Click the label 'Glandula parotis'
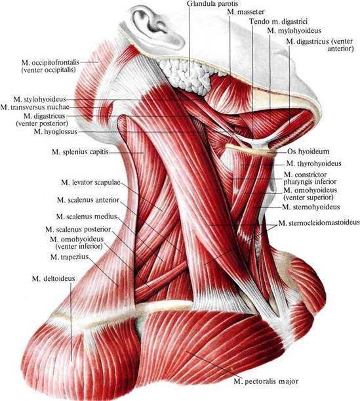pos(212,4)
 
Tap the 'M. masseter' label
pos(245,12)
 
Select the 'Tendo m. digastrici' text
pos(278,22)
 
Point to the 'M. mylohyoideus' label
pos(294,31)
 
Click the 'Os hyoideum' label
pos(308,152)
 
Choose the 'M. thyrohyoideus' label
pos(313,163)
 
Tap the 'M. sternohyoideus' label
pos(311,207)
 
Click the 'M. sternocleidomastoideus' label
pos(319,223)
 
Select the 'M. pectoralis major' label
pos(266,381)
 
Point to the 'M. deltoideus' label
pos(54,278)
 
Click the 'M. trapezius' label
pos(70,257)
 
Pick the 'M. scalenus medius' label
pos(87,217)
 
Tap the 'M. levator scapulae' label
pos(90,183)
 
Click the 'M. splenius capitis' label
pos(80,152)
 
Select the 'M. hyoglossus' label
pos(56,132)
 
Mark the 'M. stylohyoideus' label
pos(39,99)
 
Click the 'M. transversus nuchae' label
pos(35,107)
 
